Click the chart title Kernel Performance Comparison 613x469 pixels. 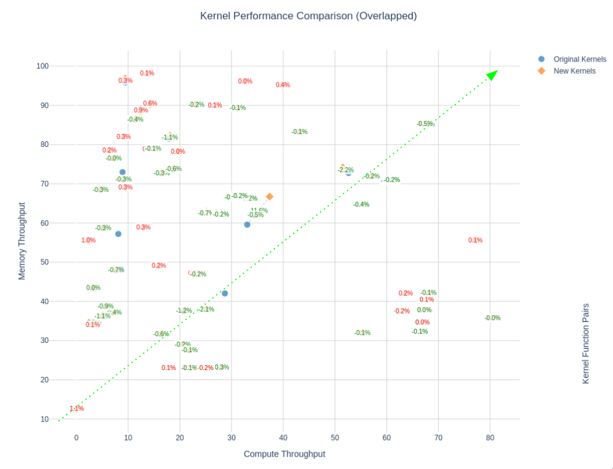(x=308, y=16)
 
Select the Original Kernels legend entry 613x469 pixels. (x=579, y=59)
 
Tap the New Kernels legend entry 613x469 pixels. (x=574, y=71)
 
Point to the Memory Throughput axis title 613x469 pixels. (x=22, y=241)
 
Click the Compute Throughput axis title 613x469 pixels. (x=284, y=454)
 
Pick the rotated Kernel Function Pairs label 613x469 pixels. (x=586, y=343)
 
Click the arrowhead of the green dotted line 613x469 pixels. (x=492, y=75)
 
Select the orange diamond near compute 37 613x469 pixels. (x=270, y=197)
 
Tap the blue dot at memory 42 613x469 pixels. (x=225, y=294)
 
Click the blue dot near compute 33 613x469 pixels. (x=247, y=225)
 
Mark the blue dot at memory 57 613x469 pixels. (x=118, y=234)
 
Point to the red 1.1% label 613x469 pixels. (x=76, y=409)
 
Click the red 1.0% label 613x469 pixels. (x=88, y=240)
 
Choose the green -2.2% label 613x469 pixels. (x=346, y=170)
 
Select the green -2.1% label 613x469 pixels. (x=206, y=309)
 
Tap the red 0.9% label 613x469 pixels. (x=141, y=111)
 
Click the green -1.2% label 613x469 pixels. (x=183, y=311)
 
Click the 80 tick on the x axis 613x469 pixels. (x=490, y=438)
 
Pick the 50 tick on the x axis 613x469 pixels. (x=335, y=438)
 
